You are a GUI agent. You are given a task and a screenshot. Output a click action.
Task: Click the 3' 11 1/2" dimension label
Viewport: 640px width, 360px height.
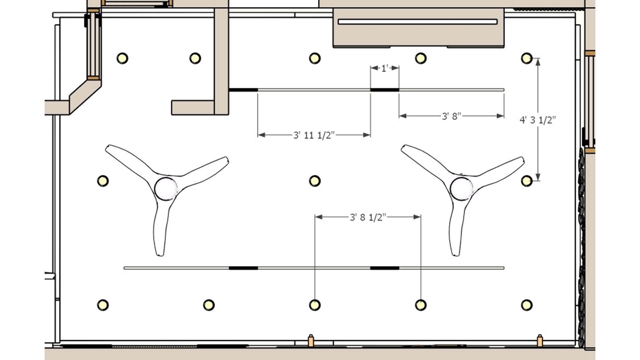pos(314,135)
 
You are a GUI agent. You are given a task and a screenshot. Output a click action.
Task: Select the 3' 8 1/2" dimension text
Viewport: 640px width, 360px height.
pos(368,217)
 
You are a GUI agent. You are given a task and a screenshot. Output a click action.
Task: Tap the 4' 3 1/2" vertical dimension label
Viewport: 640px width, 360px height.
pos(538,120)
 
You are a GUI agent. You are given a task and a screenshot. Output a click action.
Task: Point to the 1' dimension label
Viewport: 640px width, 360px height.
pos(385,68)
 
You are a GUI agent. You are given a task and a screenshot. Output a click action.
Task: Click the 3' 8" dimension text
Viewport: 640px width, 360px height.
pos(451,116)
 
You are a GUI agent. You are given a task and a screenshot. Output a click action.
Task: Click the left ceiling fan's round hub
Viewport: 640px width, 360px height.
pos(166,189)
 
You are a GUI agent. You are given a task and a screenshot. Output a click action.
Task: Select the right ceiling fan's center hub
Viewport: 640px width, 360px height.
pos(461,189)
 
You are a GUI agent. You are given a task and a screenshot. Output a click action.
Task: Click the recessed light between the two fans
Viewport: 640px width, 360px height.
pos(315,181)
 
